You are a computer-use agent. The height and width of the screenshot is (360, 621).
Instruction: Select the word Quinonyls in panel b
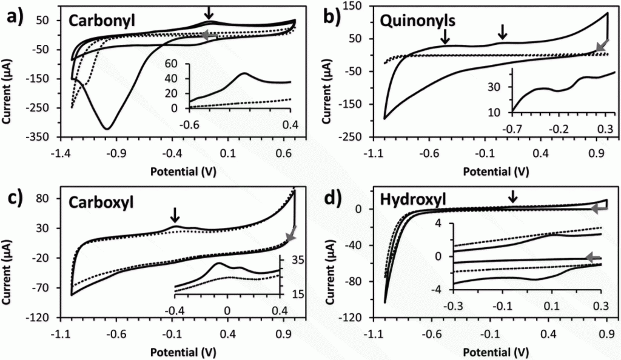[x=417, y=21]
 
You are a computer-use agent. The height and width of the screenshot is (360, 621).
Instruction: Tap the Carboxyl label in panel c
[x=101, y=202]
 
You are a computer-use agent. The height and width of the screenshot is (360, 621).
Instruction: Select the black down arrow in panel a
[x=209, y=13]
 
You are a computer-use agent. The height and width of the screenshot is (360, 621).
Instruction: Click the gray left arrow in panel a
[x=210, y=35]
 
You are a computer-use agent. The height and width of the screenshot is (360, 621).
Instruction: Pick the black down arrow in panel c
[x=175, y=216]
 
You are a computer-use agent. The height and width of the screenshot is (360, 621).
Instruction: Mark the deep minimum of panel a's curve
[x=107, y=128]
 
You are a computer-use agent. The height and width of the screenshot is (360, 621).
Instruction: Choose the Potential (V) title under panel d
[x=496, y=352]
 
